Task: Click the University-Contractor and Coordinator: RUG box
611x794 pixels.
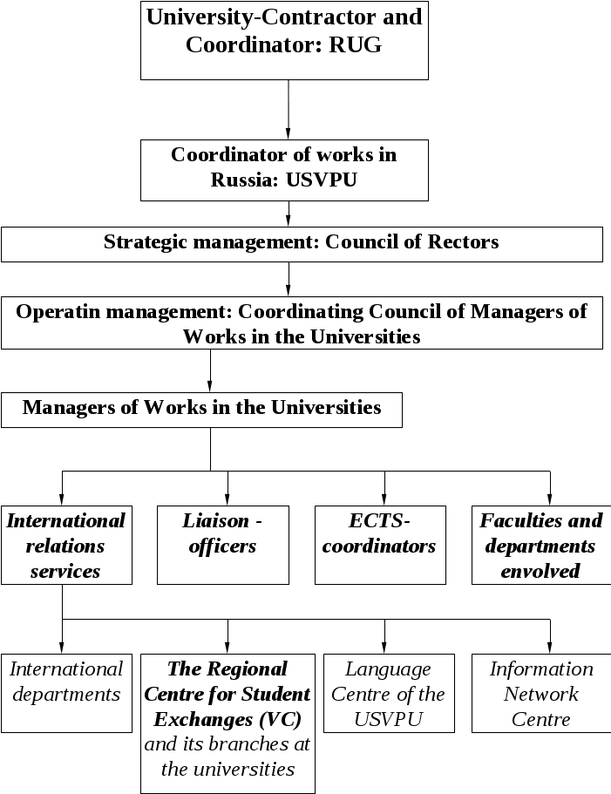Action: [x=285, y=41]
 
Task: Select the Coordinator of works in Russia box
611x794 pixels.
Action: [x=285, y=170]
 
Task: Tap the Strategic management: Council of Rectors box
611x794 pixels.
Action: [x=302, y=245]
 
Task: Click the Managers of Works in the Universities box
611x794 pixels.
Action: [x=202, y=410]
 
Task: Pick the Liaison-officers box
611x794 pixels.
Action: [x=223, y=545]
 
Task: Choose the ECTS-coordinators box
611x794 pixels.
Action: [x=380, y=545]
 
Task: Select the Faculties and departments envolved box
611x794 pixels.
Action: [x=541, y=545]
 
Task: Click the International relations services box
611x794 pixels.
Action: [x=66, y=545]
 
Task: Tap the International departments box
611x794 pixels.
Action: [x=66, y=693]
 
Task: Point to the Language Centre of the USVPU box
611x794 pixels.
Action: [x=389, y=693]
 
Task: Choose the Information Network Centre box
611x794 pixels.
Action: [x=541, y=693]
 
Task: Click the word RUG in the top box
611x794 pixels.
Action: [x=356, y=45]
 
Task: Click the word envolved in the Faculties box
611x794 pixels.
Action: [x=540, y=572]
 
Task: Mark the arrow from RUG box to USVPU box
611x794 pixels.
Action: [x=288, y=110]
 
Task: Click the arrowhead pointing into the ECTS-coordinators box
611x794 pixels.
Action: [x=385, y=500]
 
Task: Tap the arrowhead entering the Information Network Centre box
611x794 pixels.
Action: [x=550, y=648]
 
